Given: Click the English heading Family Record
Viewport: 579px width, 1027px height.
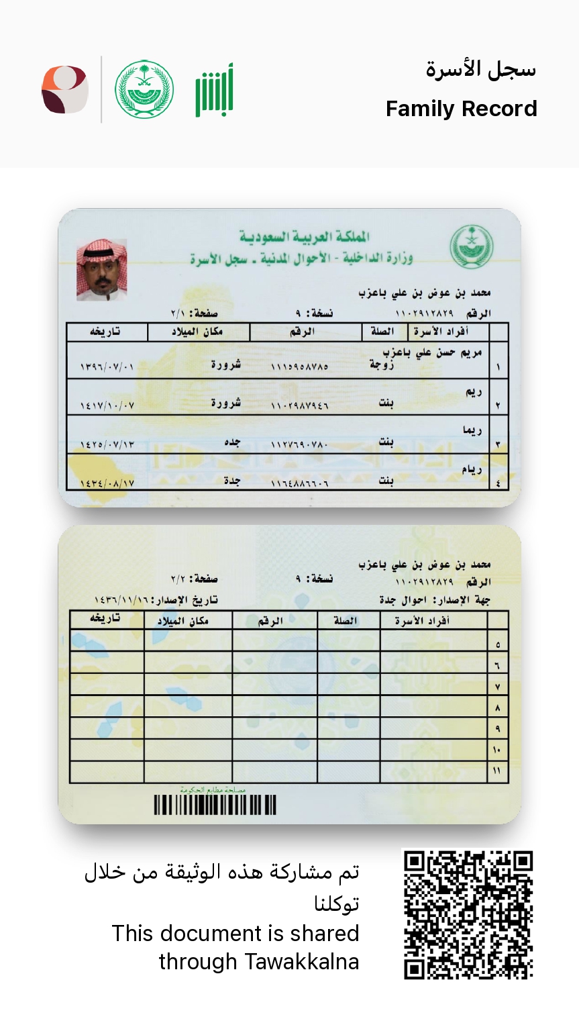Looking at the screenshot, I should point(461,109).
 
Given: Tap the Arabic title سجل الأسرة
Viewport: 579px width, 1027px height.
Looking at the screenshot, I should point(480,70).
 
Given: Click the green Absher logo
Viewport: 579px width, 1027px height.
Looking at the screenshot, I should point(215,90).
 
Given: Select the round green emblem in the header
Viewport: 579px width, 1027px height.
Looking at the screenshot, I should point(144,90).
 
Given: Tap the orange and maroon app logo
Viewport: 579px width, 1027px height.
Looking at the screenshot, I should point(65,90).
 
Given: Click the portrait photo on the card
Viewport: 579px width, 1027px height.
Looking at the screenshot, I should point(102,270).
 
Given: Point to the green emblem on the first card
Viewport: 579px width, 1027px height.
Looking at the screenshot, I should point(471,246).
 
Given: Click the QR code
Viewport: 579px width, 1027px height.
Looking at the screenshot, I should point(468,914).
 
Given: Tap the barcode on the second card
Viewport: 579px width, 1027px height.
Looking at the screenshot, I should point(215,805).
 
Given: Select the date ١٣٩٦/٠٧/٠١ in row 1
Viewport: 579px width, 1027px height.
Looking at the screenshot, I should point(107,367).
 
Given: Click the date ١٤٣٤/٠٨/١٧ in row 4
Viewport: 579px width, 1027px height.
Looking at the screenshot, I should point(107,483).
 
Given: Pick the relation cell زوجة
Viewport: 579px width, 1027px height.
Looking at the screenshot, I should point(382,364).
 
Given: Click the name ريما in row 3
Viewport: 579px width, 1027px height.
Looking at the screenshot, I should point(472,430).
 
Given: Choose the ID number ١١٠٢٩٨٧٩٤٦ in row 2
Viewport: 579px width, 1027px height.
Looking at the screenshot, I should point(299,406).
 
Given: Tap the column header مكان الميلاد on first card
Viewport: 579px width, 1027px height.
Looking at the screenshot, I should point(197,332).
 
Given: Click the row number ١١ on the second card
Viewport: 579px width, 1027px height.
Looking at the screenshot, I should point(497,771).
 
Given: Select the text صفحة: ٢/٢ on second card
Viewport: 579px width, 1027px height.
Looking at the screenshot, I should point(194,579).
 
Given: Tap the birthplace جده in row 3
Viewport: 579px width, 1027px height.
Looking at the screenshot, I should point(231,442).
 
